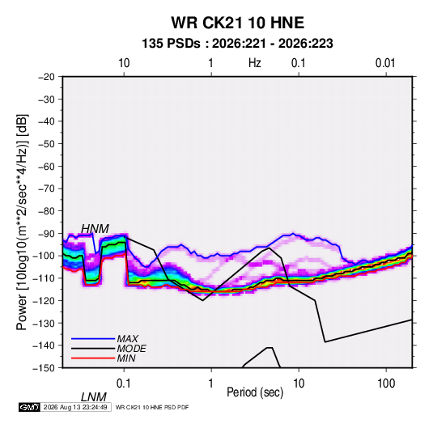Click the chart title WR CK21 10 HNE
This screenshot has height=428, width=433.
[237, 23]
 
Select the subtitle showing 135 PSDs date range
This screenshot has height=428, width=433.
[237, 44]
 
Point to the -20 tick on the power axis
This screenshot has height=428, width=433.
[46, 77]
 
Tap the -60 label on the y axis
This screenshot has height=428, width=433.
[46, 166]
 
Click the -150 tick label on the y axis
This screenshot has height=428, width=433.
[45, 368]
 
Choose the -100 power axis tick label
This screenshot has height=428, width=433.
[45, 256]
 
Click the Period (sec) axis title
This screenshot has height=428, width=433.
[255, 392]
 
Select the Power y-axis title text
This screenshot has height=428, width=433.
[22, 222]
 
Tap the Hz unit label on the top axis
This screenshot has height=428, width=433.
[255, 63]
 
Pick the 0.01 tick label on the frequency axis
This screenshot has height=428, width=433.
[385, 63]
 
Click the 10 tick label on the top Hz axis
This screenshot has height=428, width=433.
[124, 63]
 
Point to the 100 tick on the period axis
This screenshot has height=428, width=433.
[386, 384]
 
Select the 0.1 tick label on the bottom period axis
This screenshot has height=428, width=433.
[124, 384]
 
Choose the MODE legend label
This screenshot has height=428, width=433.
[131, 349]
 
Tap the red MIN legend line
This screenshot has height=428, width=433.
[93, 358]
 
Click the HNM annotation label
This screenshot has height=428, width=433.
[95, 229]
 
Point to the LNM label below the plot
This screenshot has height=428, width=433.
[94, 397]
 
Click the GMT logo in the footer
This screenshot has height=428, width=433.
[30, 407]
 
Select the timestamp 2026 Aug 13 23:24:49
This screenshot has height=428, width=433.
[75, 407]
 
